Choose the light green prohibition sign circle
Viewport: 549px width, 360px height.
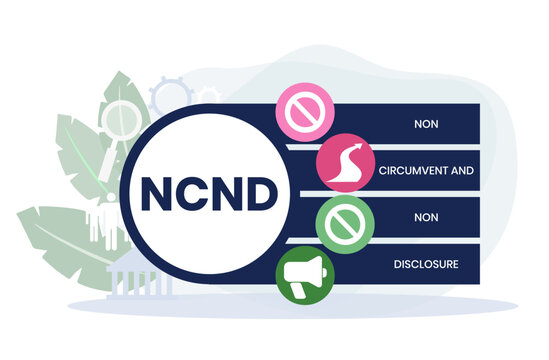(340, 222)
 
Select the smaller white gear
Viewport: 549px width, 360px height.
(207, 95)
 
